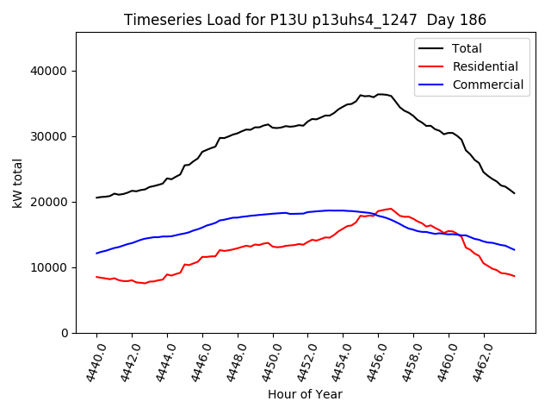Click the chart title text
coord(305,20)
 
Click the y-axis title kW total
coord(17,183)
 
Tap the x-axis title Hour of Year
coord(305,394)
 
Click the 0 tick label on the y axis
coord(65,333)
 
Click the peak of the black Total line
coord(379,94)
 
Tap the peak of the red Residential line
coord(391,209)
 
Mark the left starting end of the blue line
coord(97,253)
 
